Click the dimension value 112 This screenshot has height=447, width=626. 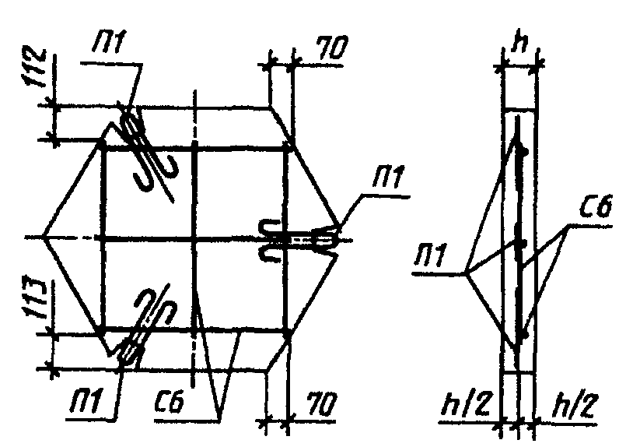[x=36, y=68]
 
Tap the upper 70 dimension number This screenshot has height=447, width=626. [x=332, y=48]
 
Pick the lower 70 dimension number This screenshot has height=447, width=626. [x=322, y=405]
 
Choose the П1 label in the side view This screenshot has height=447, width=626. [x=430, y=255]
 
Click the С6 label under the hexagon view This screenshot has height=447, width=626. [x=170, y=401]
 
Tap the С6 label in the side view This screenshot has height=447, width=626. [x=596, y=207]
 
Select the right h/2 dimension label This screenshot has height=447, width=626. [x=574, y=406]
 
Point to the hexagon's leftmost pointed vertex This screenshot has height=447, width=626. [x=43, y=238]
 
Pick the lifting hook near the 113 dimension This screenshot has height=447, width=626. [x=145, y=324]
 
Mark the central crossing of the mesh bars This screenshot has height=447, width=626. [x=194, y=239]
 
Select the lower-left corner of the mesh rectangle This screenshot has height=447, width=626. [x=103, y=329]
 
